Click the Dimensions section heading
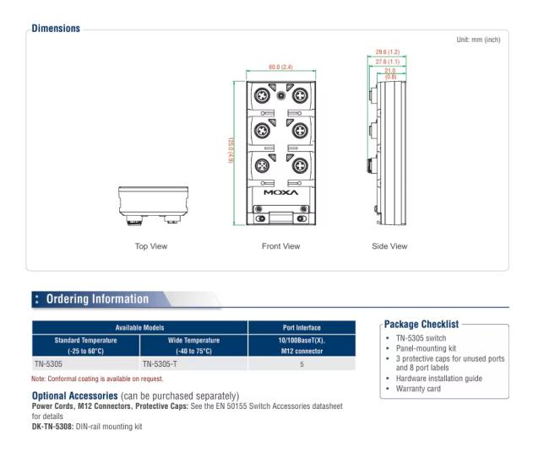(56, 28)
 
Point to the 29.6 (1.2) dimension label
(388, 52)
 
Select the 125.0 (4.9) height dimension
(231, 153)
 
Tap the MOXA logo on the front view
(280, 192)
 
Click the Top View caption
(151, 246)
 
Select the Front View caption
(280, 246)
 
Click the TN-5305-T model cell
(159, 363)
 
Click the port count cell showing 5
(302, 363)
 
